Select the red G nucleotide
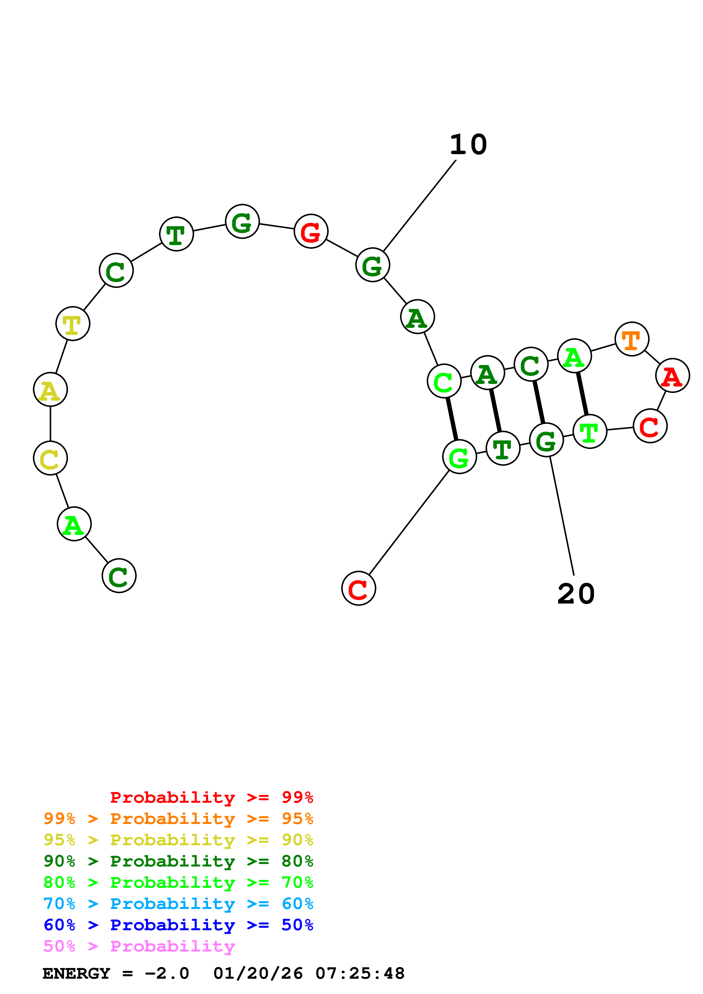311,231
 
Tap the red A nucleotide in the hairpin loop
672,375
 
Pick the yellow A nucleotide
50,390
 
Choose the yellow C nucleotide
50,458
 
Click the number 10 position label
468,145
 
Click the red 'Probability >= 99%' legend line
211,797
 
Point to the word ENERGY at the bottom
76,974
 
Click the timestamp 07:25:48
360,974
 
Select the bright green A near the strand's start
74,524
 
